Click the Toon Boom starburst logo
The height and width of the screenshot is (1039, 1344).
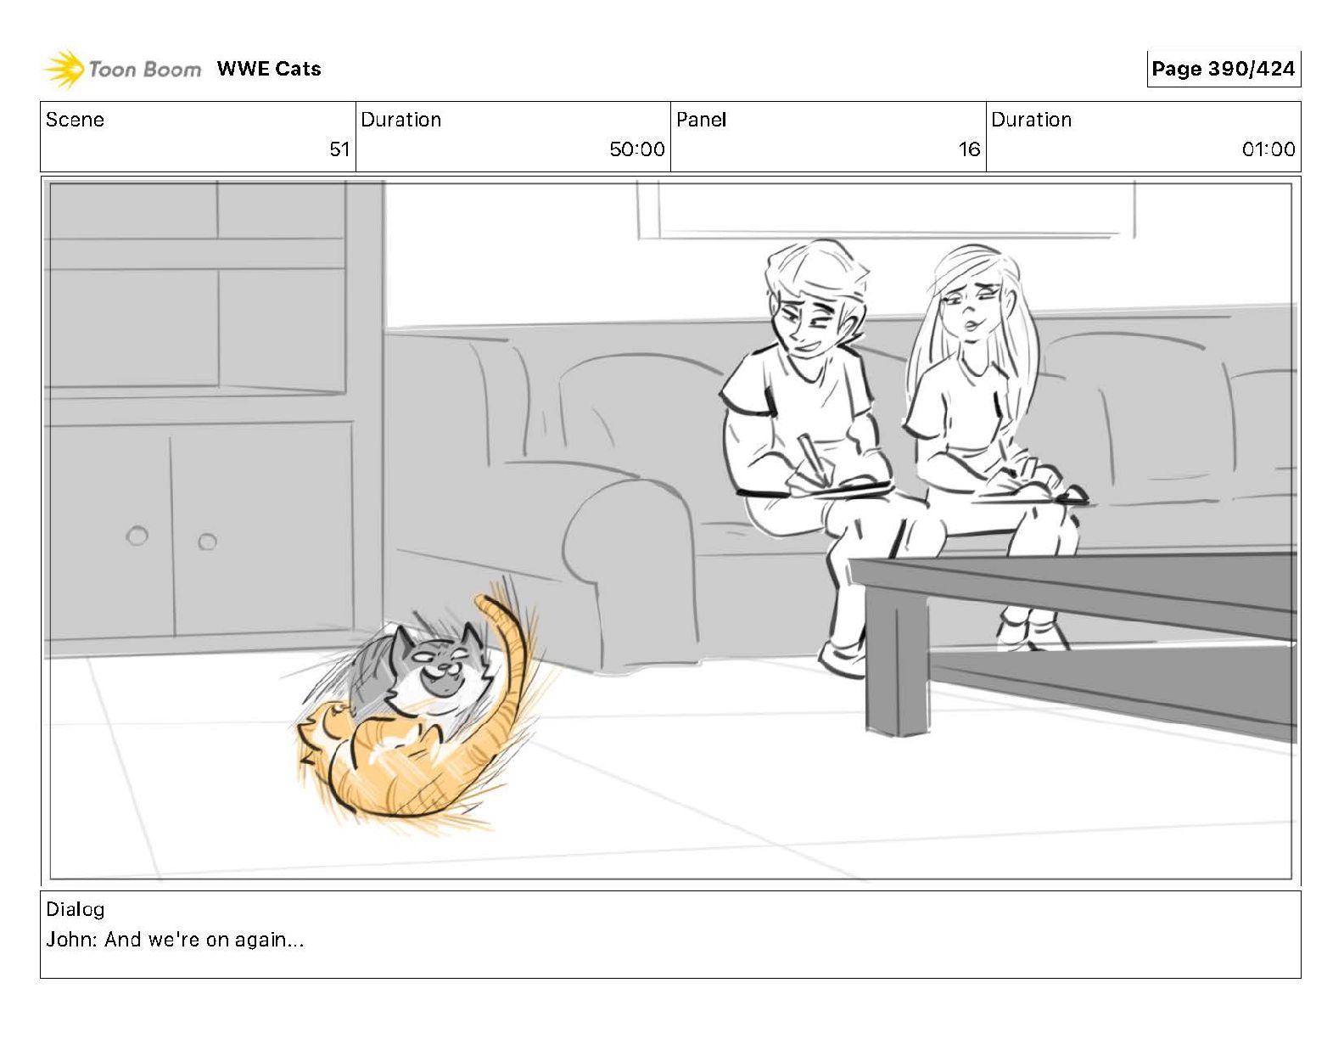(x=64, y=69)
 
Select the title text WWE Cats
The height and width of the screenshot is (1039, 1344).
(x=269, y=69)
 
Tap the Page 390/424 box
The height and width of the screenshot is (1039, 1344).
(x=1224, y=69)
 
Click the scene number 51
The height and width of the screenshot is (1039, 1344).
(x=339, y=149)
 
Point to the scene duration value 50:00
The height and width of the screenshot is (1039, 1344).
(x=637, y=149)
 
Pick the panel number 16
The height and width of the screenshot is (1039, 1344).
(x=969, y=149)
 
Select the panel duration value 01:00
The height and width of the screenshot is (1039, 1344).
(x=1268, y=149)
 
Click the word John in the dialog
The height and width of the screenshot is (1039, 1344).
(x=69, y=940)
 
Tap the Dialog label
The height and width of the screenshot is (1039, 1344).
(x=76, y=909)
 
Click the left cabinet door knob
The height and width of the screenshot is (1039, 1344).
(x=137, y=536)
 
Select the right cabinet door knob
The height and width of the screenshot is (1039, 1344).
(x=207, y=542)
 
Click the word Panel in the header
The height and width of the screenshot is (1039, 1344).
(x=701, y=120)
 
